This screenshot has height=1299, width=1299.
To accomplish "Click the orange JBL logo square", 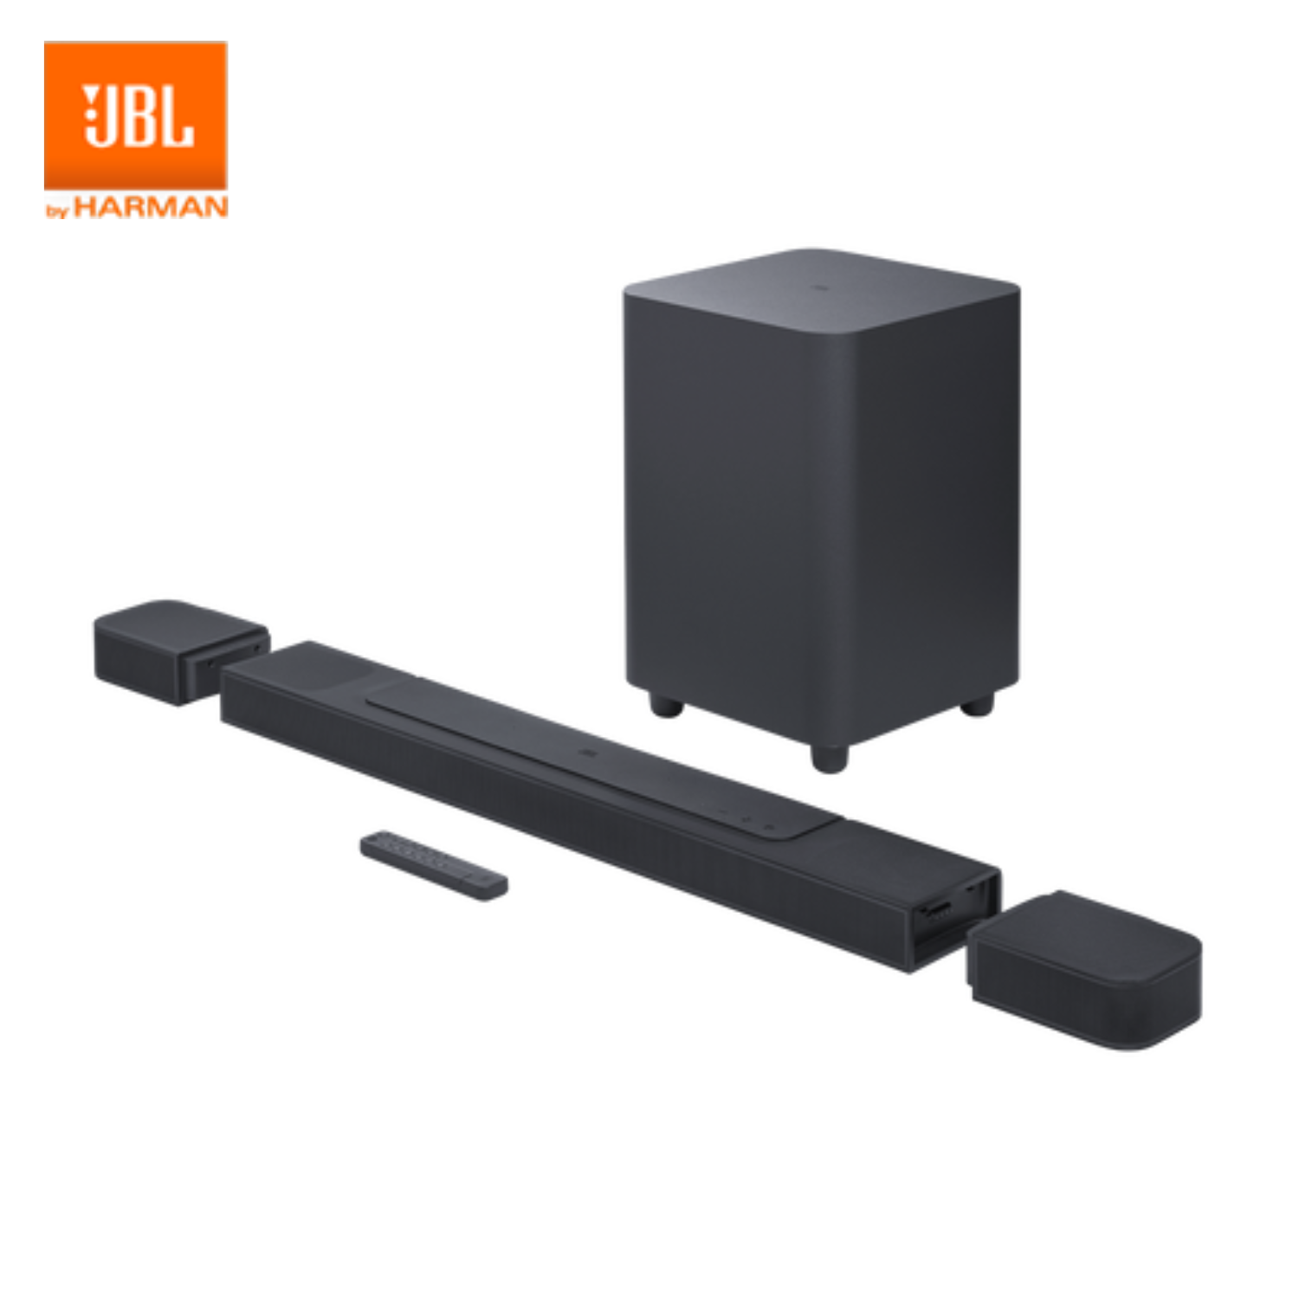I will pos(135,114).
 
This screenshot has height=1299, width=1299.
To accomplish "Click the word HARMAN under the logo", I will pos(151,208).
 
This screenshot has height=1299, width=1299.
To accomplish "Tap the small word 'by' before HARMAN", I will pos(57,210).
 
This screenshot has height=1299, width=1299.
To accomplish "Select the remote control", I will pos(434,864).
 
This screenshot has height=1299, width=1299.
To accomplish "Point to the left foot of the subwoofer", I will pos(665,704).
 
